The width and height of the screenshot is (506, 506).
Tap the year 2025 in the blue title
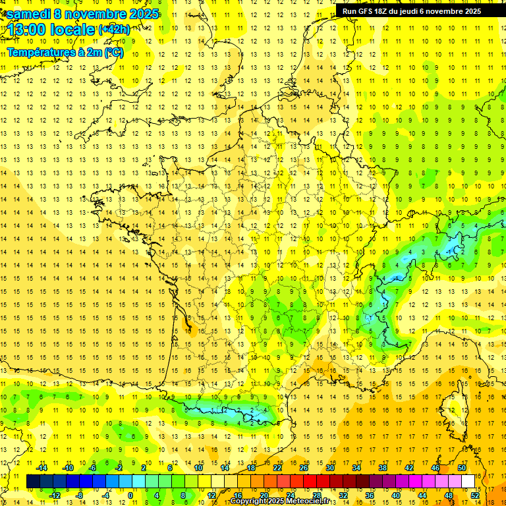140,14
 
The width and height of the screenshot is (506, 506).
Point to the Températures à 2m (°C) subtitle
64,53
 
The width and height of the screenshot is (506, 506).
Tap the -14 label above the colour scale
42,468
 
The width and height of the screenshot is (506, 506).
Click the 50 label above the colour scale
461,468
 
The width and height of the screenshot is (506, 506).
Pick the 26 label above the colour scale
304,468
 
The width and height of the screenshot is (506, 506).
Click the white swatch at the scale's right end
468,482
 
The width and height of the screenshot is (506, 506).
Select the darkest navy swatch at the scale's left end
33,482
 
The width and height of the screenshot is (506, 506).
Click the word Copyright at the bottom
250,501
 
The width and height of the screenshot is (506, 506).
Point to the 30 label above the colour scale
330,468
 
